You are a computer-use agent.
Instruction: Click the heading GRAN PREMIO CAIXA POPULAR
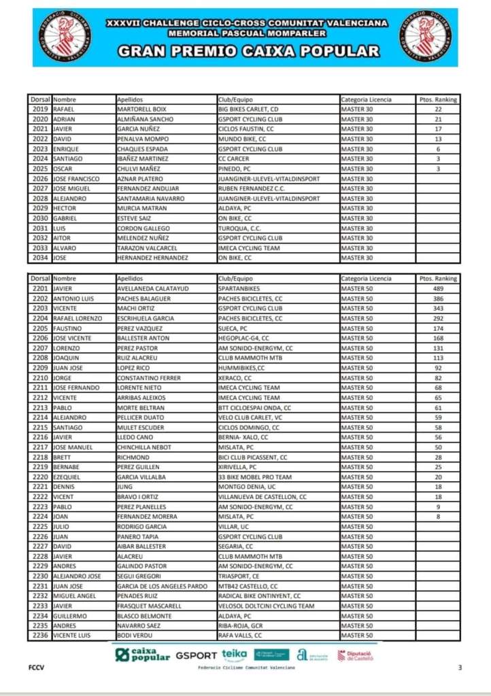(248, 51)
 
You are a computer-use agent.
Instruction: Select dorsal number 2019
(40, 109)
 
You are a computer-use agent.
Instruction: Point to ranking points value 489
(438, 289)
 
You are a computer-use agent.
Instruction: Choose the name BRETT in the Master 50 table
(63, 457)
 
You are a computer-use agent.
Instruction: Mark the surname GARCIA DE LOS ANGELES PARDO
(162, 586)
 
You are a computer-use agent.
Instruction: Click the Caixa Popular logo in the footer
(142, 655)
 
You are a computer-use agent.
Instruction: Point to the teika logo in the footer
(234, 655)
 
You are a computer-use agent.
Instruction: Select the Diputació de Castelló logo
(356, 655)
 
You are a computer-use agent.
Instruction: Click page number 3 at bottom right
(460, 667)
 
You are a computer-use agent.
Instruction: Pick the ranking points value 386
(438, 298)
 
